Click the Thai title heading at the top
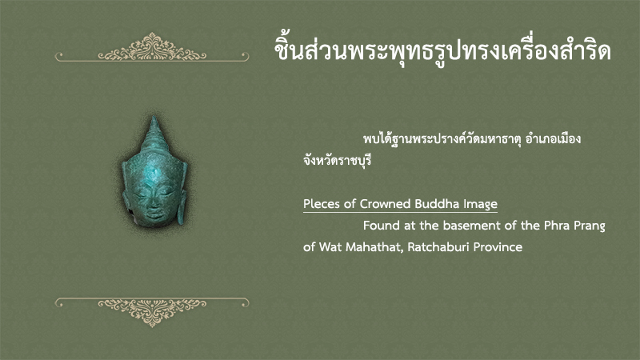coord(442,51)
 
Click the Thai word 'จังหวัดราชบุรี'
coord(338,160)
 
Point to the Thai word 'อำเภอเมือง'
coord(553,138)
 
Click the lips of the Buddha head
coord(154,213)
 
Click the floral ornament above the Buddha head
coord(152,47)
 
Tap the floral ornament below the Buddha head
coord(152,312)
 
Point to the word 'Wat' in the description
coord(330,247)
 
